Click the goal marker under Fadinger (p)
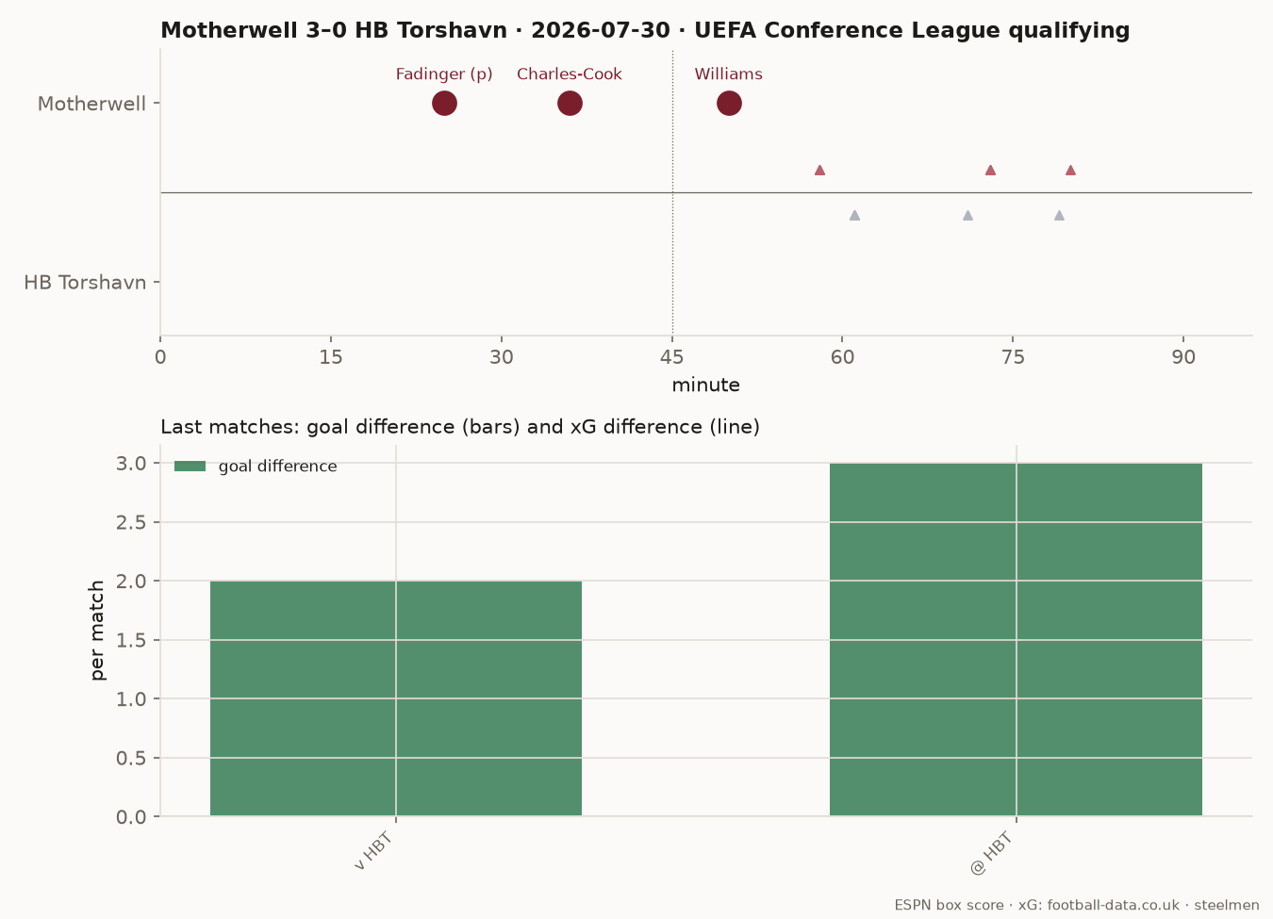click(444, 104)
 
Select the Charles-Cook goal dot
click(570, 104)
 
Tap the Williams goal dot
click(729, 104)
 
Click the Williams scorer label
click(729, 74)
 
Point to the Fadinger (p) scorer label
click(444, 74)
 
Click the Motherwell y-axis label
click(91, 104)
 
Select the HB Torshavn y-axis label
click(85, 282)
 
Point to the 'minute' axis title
click(706, 386)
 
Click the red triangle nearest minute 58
click(819, 170)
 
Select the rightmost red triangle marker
click(1070, 170)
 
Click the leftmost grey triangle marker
click(854, 215)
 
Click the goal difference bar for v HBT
click(396, 698)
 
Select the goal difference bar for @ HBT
click(1017, 640)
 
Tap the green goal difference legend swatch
click(190, 467)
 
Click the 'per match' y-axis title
click(97, 630)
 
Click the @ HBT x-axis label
click(992, 853)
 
